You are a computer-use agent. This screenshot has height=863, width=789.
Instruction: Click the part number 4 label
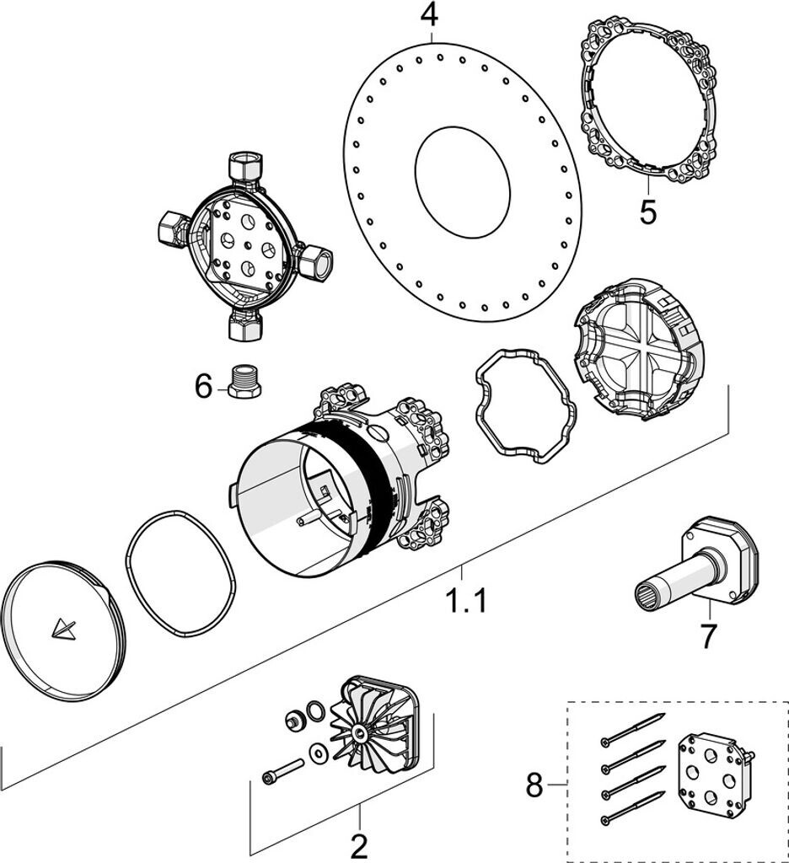coord(430,14)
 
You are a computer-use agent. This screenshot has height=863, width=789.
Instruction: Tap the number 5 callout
coord(647,212)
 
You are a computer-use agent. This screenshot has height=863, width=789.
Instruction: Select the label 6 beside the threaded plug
coord(203,387)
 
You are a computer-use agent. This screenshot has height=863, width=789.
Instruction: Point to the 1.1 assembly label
coord(467,602)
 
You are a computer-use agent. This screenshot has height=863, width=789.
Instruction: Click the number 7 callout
coord(708,636)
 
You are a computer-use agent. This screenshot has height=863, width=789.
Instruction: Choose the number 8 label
coord(534,785)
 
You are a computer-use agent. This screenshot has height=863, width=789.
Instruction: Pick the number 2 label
coord(359,844)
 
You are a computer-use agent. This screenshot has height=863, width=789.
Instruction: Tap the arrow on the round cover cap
coord(62,629)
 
